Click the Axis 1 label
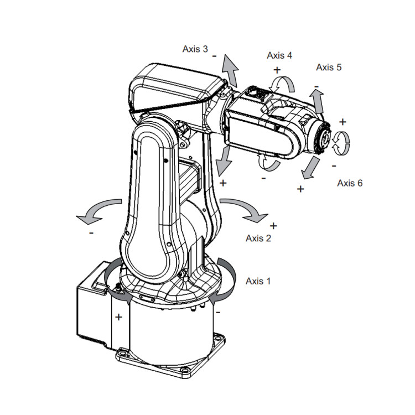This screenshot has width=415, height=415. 258,281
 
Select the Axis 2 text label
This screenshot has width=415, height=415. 258,238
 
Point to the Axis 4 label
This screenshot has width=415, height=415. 279,55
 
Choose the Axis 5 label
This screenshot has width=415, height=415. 329,68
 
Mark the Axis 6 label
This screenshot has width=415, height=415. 350,183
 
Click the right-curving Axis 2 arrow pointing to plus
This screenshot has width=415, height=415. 244,209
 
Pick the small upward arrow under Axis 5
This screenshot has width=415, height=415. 318,101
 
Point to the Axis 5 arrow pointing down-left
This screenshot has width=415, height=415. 312,168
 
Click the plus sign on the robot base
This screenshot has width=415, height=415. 118,317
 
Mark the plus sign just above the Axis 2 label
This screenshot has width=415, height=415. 273,226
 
